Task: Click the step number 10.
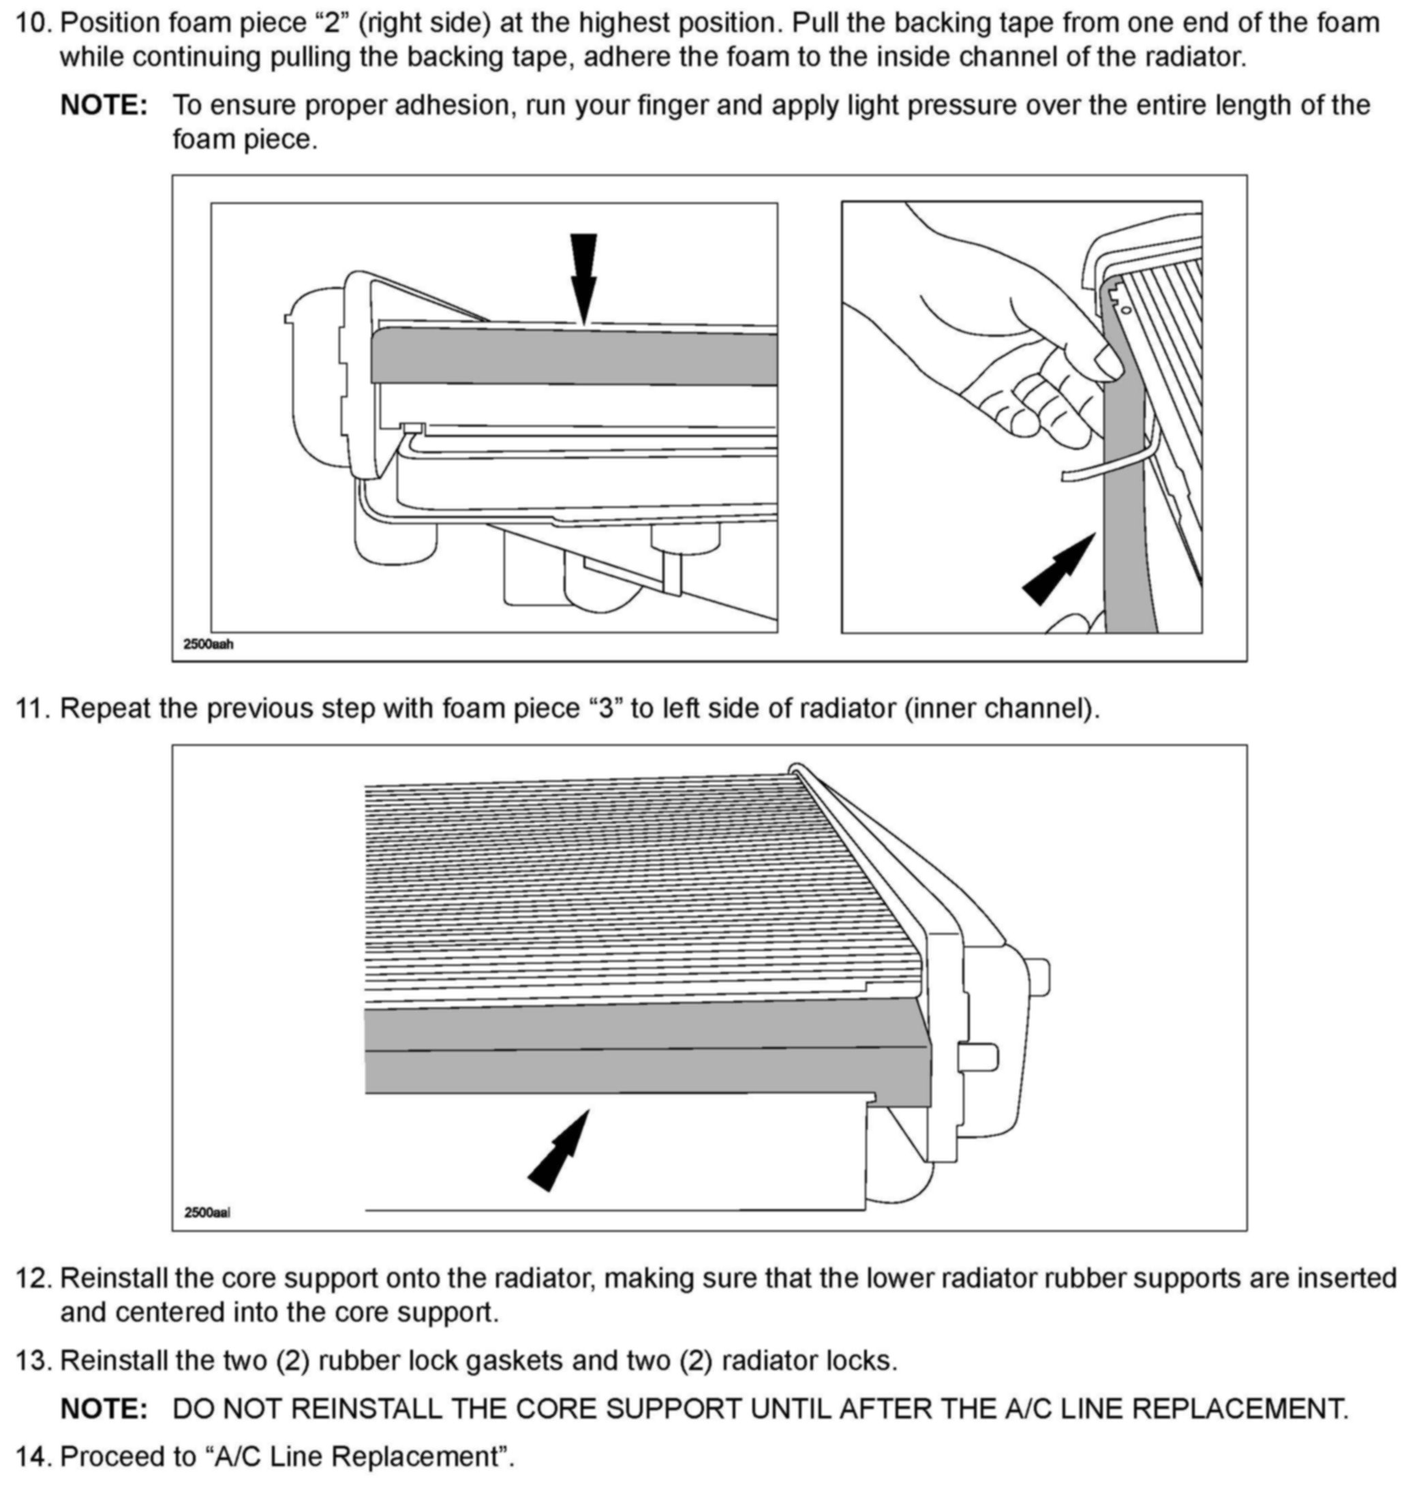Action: pyautogui.click(x=33, y=23)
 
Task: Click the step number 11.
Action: pyautogui.click(x=32, y=708)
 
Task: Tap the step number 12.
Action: pyautogui.click(x=33, y=1278)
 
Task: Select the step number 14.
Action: pyautogui.click(x=33, y=1456)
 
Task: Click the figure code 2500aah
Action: pyautogui.click(x=209, y=645)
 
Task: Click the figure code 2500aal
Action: pyautogui.click(x=207, y=1212)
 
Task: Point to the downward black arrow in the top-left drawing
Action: pyautogui.click(x=583, y=277)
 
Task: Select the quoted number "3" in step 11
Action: pyautogui.click(x=605, y=708)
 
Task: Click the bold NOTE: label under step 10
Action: pyautogui.click(x=104, y=105)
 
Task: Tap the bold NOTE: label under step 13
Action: pyautogui.click(x=104, y=1409)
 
